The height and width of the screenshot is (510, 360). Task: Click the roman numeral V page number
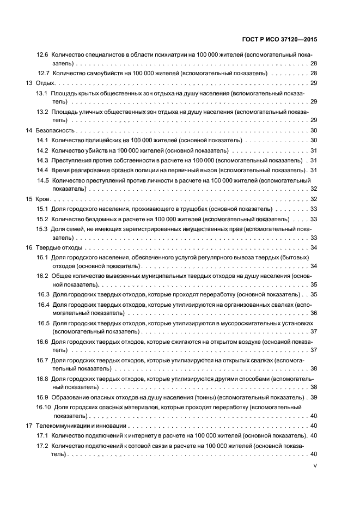315,466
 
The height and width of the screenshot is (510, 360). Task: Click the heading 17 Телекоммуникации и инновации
76,426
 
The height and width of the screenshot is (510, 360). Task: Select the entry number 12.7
44,73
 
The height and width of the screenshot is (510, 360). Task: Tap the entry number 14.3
42,160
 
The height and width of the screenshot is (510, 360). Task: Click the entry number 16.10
44,407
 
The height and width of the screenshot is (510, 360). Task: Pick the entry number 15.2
42,219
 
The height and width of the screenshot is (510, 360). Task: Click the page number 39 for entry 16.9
314,397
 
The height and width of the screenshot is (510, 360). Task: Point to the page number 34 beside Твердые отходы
314,248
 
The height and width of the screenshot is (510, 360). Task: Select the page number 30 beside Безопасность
314,131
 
